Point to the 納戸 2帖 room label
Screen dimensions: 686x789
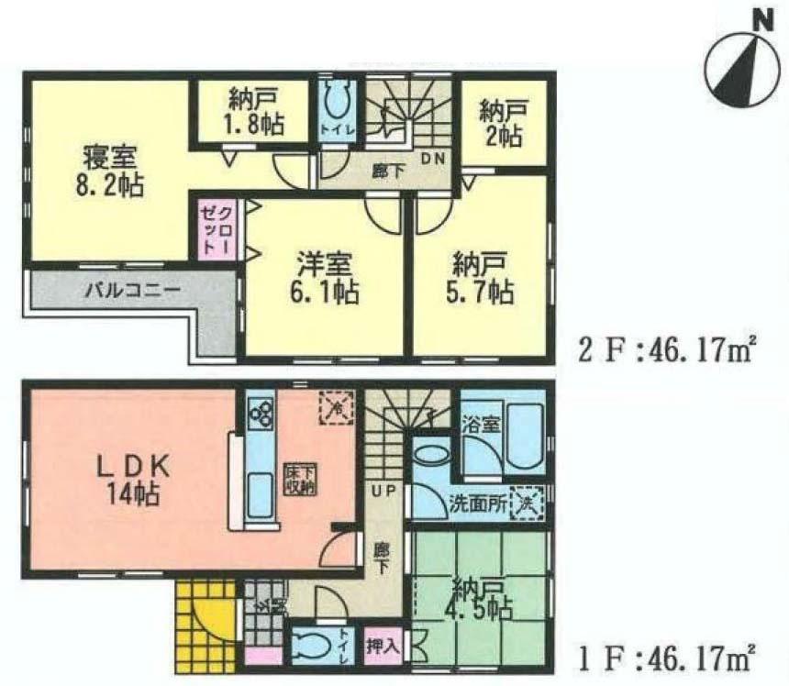click(501, 123)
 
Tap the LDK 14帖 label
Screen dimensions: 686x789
click(129, 481)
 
